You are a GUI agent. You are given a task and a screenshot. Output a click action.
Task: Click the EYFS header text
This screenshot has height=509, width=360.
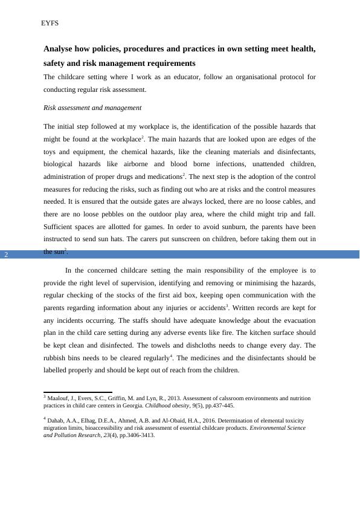point(49,23)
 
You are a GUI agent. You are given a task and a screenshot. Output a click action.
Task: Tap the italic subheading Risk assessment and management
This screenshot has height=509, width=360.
point(92,108)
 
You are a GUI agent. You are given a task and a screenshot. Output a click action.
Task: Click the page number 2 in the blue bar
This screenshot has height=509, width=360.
point(6,254)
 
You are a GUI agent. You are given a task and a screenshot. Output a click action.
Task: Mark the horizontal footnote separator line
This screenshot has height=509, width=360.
point(77,392)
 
